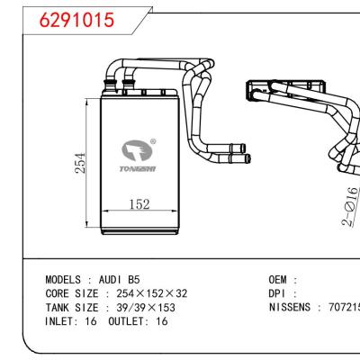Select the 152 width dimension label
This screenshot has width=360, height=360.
click(x=138, y=205)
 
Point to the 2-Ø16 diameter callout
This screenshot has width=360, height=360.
click(x=351, y=206)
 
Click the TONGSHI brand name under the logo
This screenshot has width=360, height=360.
click(x=138, y=166)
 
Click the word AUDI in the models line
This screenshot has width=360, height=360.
click(x=112, y=280)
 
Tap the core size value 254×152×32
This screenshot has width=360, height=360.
click(x=148, y=293)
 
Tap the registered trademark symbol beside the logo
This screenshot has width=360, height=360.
click(x=153, y=140)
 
